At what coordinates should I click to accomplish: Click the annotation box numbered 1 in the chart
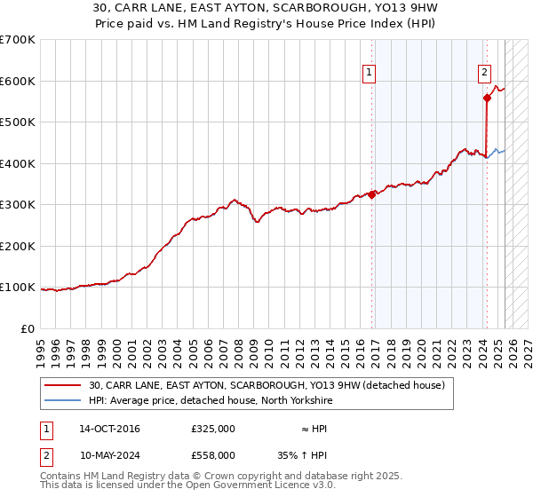click(x=369, y=74)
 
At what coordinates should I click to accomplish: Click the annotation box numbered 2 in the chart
click(x=484, y=74)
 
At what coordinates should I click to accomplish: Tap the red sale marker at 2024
click(x=487, y=99)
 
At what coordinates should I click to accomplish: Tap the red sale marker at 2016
click(x=372, y=195)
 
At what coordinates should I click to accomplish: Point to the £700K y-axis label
click(x=17, y=40)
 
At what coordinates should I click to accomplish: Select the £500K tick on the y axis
click(x=17, y=122)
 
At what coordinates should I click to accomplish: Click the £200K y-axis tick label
click(x=17, y=246)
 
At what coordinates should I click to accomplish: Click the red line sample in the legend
click(x=63, y=384)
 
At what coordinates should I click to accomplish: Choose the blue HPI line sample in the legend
click(x=63, y=400)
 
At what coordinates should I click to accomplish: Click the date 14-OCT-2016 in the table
click(x=109, y=429)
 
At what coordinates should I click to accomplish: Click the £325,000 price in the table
click(x=213, y=429)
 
